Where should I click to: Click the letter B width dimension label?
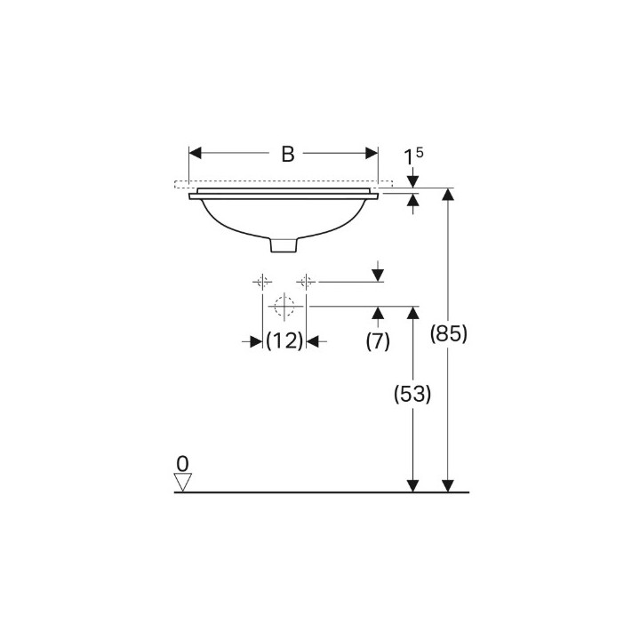[x=287, y=154]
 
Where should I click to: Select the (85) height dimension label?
[x=448, y=334]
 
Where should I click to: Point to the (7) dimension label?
[x=378, y=340]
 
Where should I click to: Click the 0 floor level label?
[x=183, y=463]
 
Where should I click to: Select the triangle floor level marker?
[x=183, y=482]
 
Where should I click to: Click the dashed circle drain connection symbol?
[x=284, y=308]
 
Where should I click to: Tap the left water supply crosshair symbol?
[x=263, y=282]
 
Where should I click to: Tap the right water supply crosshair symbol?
[x=306, y=282]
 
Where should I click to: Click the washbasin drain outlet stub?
[x=284, y=243]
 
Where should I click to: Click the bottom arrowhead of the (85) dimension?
[x=448, y=485]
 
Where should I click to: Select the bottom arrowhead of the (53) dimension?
[x=412, y=485]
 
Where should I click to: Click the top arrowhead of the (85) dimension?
[x=448, y=195]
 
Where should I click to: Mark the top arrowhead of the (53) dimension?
[x=412, y=312]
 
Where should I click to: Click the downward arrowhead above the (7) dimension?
[x=378, y=276]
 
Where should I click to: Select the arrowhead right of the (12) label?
[x=312, y=340]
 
